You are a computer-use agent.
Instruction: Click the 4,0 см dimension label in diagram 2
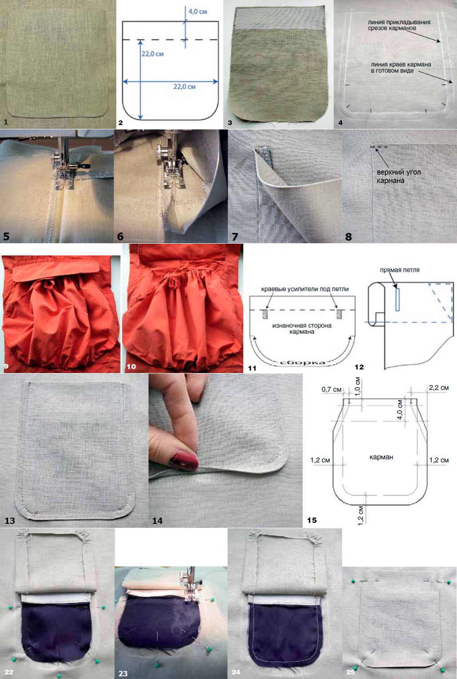point(197,12)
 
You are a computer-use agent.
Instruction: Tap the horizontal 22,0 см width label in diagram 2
point(184,87)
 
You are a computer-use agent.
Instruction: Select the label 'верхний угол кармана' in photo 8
point(398,177)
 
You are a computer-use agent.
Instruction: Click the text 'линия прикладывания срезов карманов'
point(399,25)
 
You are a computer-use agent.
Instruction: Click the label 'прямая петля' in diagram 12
point(400,270)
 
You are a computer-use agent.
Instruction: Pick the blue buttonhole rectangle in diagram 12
point(397,300)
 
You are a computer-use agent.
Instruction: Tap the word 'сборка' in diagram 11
point(302,363)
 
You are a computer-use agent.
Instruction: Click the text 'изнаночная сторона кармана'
point(302,329)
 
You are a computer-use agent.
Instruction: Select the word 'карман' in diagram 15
point(381,457)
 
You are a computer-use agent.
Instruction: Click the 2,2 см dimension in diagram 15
point(438,388)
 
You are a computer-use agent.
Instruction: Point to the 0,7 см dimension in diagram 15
point(332,390)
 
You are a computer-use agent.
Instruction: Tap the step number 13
point(10,520)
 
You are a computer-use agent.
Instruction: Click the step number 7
point(235,237)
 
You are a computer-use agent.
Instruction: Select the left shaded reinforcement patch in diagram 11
point(265,314)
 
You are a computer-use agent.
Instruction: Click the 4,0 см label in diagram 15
point(400,410)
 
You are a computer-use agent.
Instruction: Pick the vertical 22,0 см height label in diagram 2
point(152,54)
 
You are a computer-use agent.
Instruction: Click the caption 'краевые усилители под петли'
point(305,289)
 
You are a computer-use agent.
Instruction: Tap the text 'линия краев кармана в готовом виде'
point(401,68)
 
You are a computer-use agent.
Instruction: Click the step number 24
point(236,672)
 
